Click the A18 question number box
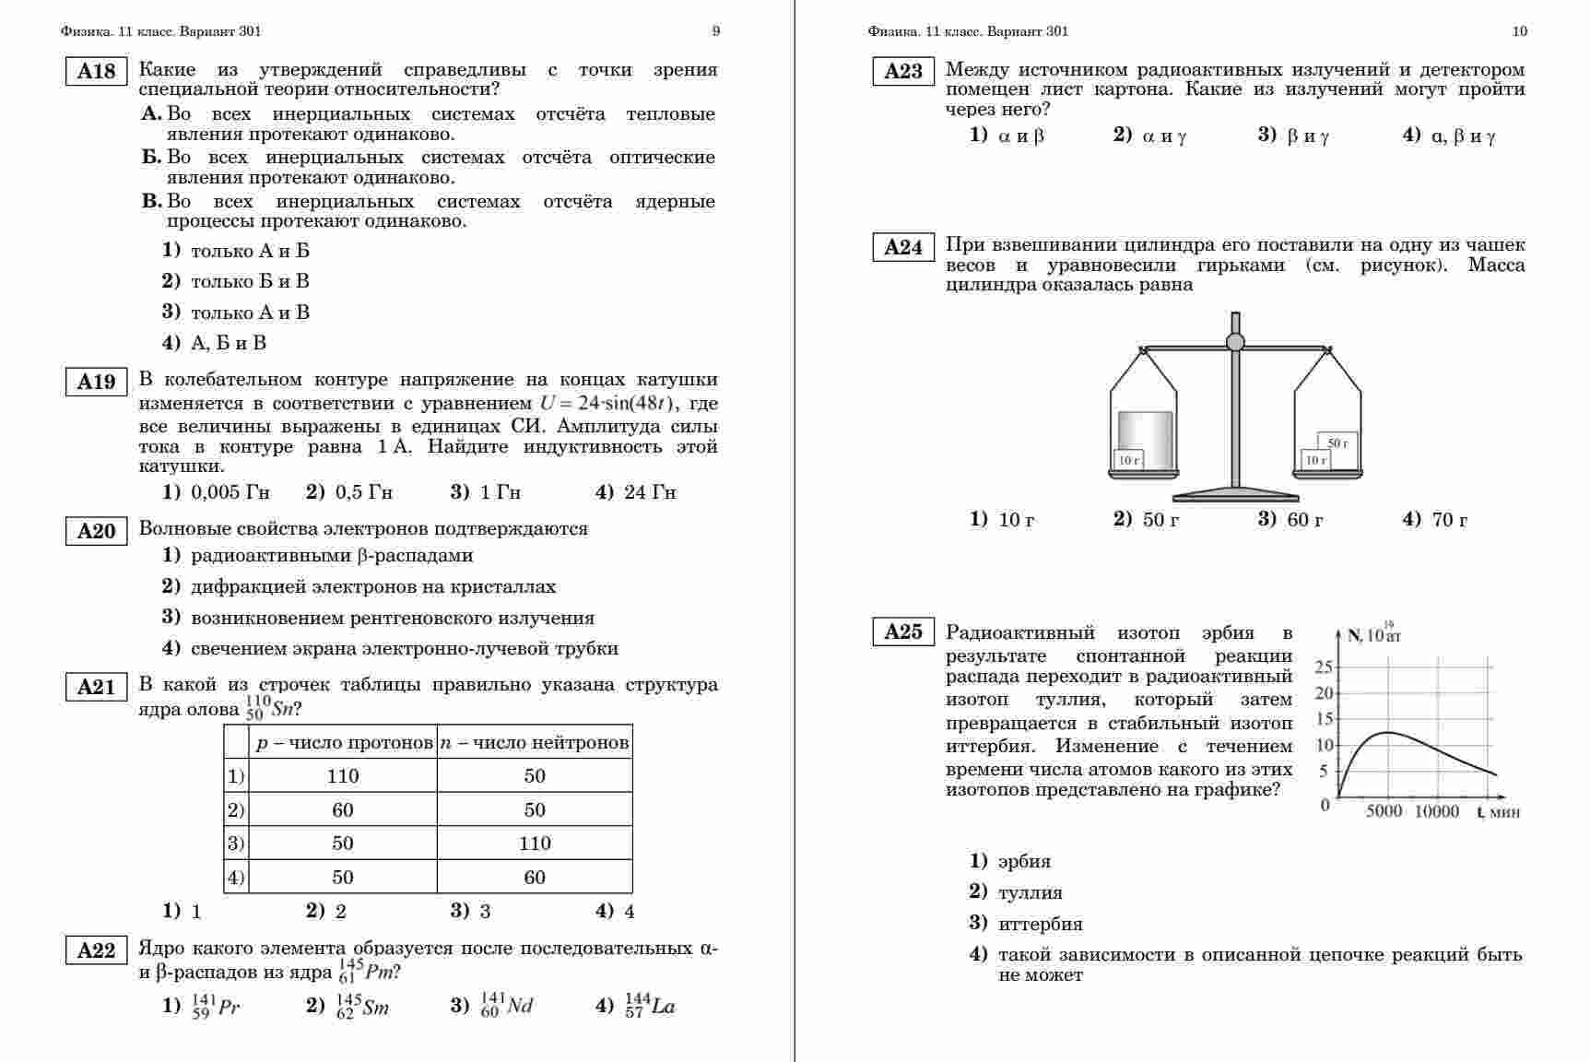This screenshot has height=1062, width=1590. click(96, 72)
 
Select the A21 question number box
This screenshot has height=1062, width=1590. click(96, 687)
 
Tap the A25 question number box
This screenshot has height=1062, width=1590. click(903, 631)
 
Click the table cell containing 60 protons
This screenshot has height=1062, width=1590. click(343, 810)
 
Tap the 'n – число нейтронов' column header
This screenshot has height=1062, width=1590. click(535, 743)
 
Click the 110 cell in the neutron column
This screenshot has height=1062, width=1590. click(535, 844)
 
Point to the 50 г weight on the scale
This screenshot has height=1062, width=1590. click(1337, 442)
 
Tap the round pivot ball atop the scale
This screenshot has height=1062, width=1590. click(1235, 342)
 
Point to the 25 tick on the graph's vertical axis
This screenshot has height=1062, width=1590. click(1324, 667)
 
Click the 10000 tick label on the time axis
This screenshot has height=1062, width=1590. click(1436, 811)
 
